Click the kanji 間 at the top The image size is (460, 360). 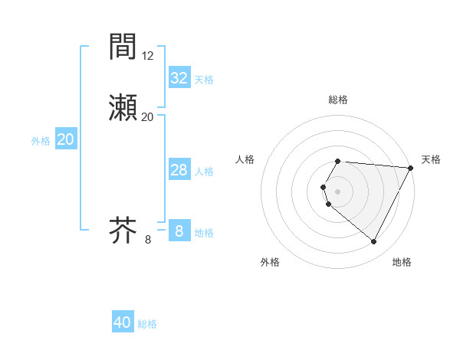point(123,47)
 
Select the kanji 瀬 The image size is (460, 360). point(123,106)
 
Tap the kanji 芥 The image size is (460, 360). point(123,230)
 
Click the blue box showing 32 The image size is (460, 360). point(179,78)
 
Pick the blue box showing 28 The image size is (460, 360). point(179,170)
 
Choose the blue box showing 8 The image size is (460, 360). point(179,231)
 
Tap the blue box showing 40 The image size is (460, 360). point(123,322)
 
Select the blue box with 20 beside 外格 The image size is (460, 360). point(65,139)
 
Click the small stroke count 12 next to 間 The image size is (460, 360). point(148,55)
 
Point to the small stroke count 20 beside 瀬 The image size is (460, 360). point(148,116)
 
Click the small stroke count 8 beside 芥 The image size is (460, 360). point(148,240)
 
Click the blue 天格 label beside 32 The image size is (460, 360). point(204,80)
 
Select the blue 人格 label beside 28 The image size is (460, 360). point(204,172)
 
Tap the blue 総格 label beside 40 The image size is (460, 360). point(147,324)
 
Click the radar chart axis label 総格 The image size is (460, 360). point(338,100)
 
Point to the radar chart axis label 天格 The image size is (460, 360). point(431,159)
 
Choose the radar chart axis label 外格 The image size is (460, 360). point(270,262)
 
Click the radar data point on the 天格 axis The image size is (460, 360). point(411,168)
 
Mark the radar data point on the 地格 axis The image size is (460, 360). point(374,242)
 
